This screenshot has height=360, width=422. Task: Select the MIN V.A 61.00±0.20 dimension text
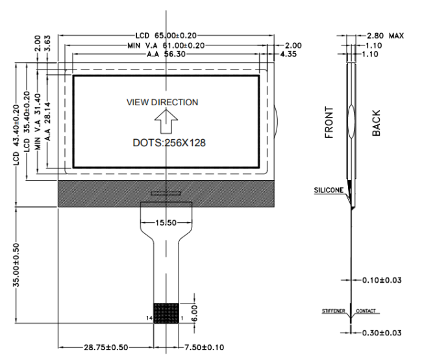pos(168,45)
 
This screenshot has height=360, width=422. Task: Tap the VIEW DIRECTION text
pos(162,103)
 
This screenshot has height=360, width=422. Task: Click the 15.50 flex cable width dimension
pos(166,224)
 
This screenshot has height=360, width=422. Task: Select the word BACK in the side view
pos(377,123)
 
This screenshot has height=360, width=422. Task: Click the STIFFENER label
pos(335,311)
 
